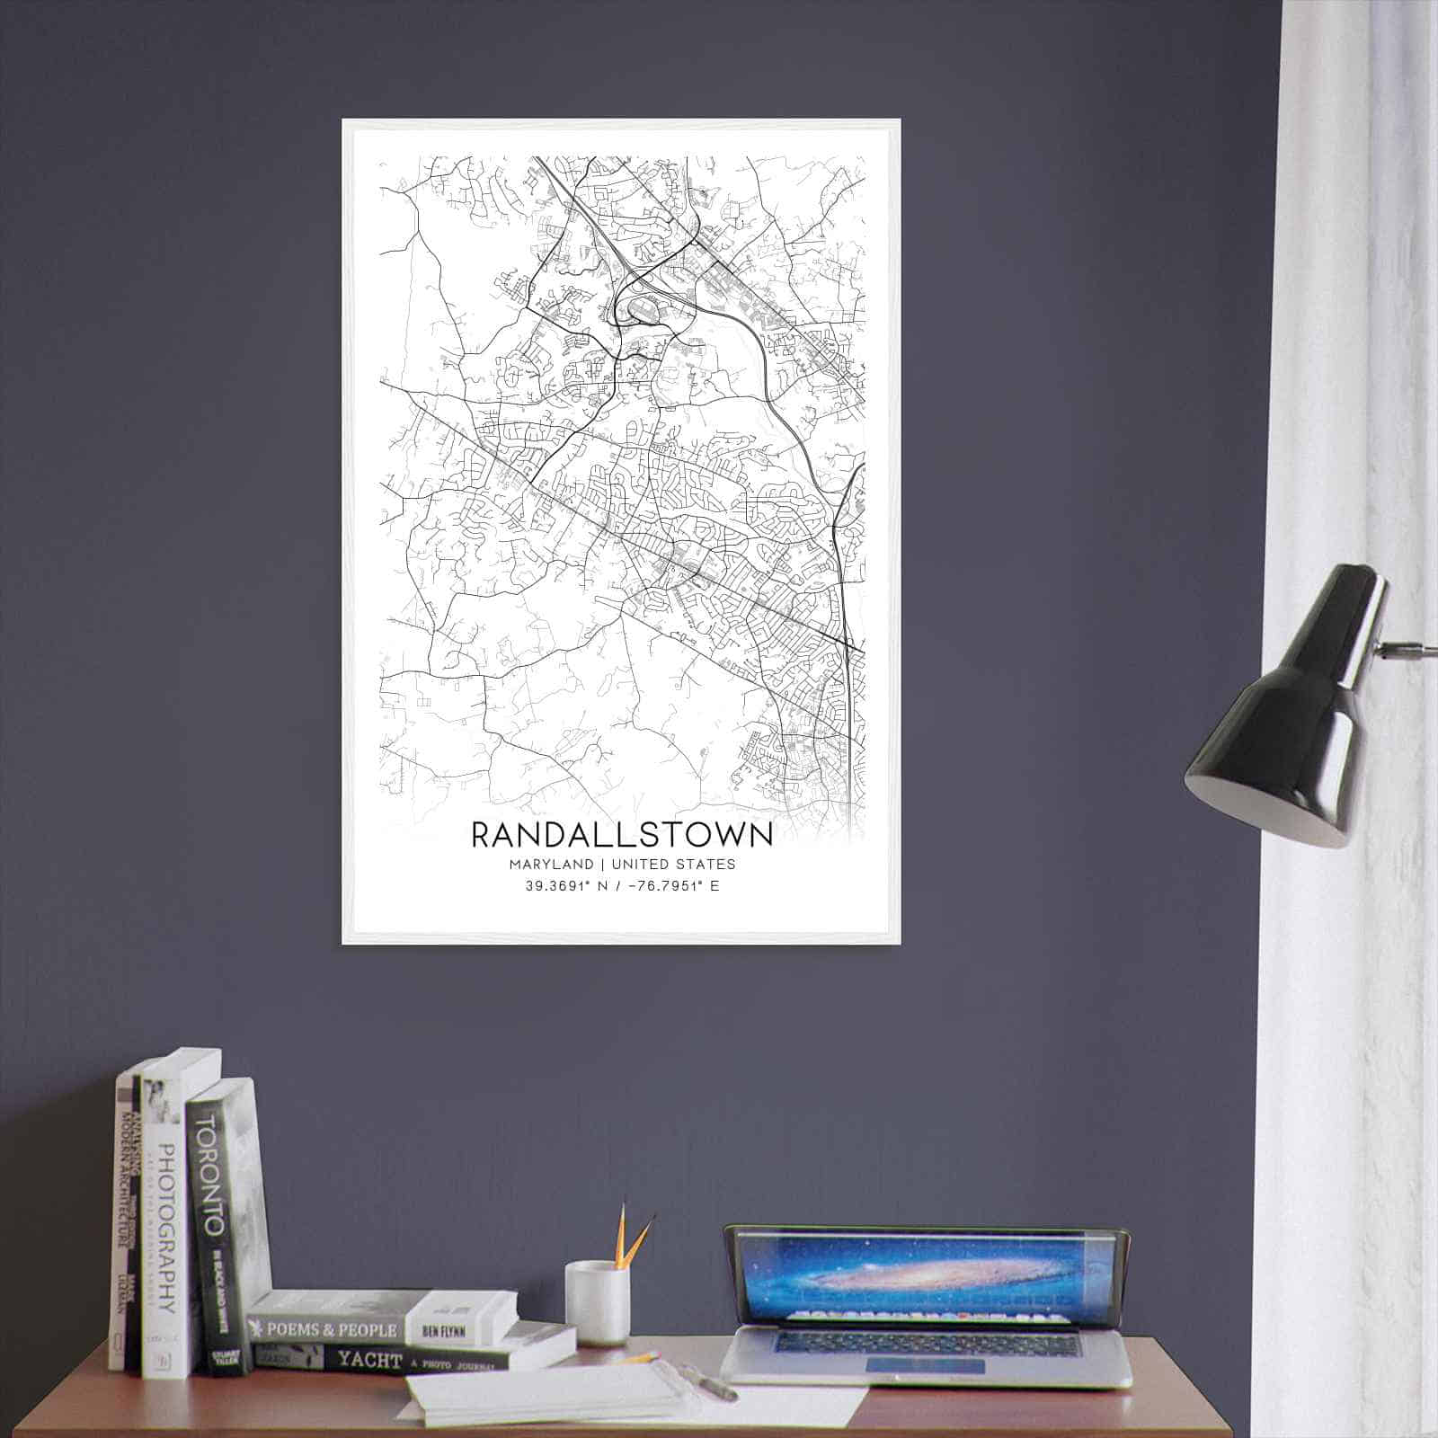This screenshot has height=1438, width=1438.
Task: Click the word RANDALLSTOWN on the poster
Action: [621, 833]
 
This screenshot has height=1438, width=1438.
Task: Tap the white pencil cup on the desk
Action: [596, 1302]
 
